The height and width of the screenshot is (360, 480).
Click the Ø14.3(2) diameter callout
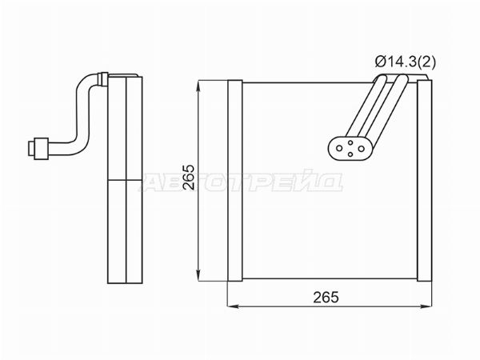405,62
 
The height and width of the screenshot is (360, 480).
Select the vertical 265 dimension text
188,178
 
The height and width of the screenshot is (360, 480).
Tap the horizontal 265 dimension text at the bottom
326,298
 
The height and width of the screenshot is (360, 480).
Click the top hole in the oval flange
350,142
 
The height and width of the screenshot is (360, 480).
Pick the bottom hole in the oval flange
350,154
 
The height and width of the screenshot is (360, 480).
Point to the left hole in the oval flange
339,149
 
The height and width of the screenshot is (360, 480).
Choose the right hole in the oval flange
362,149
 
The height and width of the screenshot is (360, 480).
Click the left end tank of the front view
235,181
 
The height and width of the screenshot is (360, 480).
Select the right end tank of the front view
425,181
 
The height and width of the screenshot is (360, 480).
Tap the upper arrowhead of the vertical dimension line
199,86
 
